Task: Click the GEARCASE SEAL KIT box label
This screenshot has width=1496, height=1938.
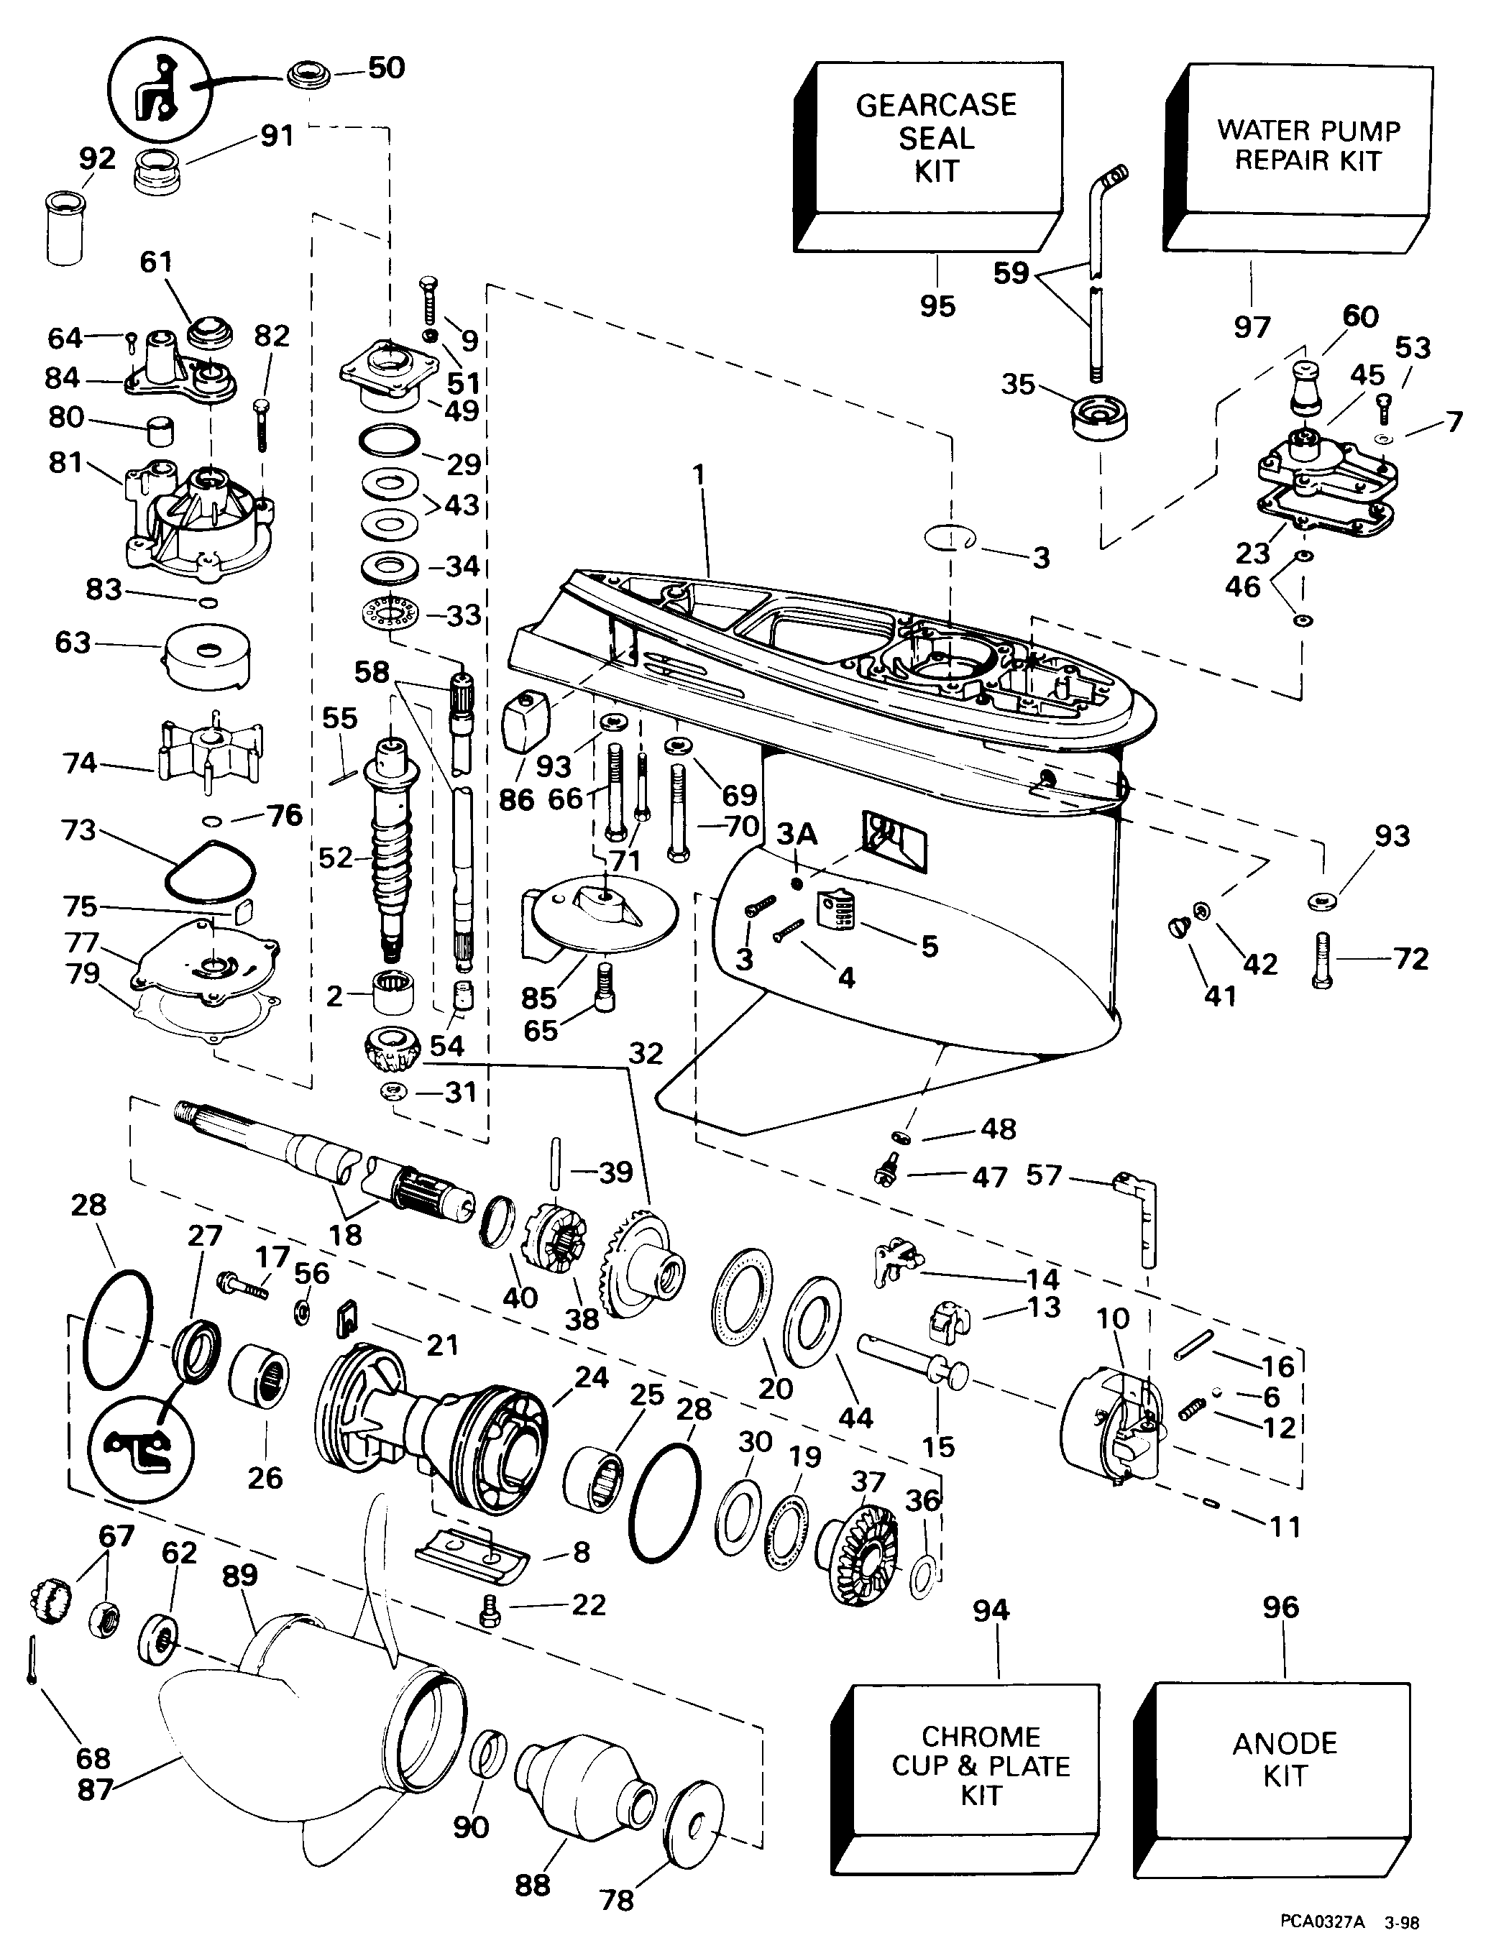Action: tap(936, 137)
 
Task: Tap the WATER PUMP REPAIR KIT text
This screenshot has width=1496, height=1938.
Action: tap(1308, 144)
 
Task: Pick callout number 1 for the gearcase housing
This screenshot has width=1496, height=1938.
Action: tap(699, 474)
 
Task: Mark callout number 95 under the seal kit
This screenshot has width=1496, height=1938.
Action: tap(937, 306)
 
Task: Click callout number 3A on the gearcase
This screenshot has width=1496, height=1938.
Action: tap(797, 836)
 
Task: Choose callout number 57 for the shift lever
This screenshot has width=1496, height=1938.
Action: tap(1044, 1176)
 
